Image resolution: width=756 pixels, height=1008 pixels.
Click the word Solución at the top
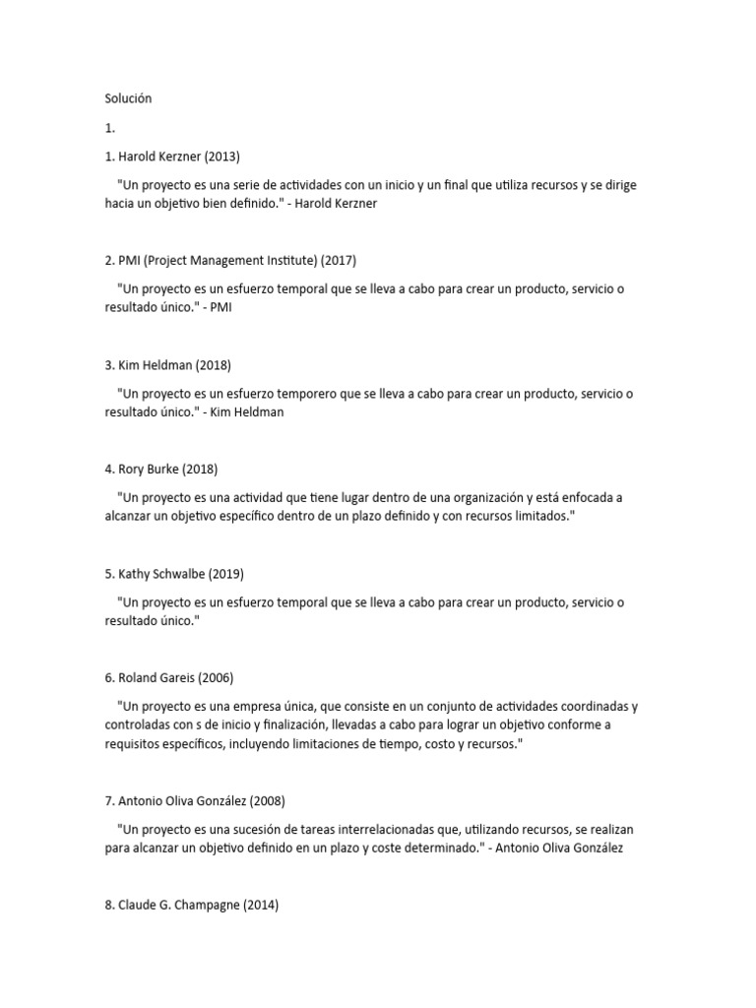coord(128,98)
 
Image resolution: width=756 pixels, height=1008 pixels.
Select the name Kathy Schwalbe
coord(160,574)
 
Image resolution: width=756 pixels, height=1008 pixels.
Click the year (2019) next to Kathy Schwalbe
coord(224,574)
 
